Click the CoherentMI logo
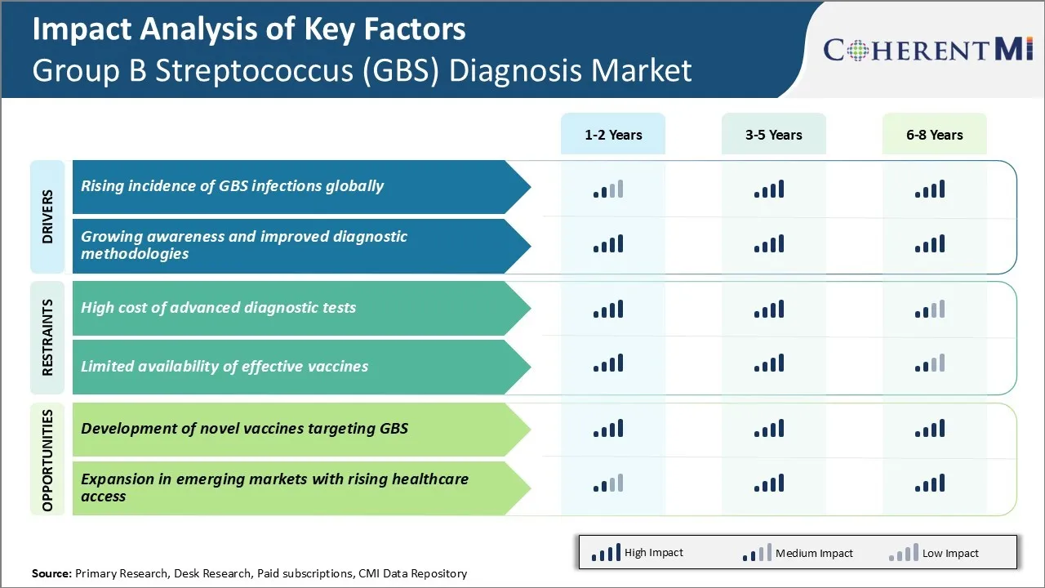click(928, 50)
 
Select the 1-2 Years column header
click(613, 135)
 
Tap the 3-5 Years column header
click(773, 135)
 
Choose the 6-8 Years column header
click(935, 135)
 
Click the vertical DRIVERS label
click(47, 216)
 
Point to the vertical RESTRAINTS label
click(47, 337)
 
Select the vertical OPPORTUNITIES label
click(47, 460)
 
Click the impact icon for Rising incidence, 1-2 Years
click(608, 189)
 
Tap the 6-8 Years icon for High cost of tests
click(930, 309)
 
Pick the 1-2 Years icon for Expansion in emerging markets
click(608, 483)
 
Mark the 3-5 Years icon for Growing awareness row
click(769, 243)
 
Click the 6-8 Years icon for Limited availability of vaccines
click(930, 363)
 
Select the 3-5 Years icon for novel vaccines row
click(769, 429)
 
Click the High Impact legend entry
click(637, 553)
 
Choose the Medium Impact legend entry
click(798, 553)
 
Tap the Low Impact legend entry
click(933, 553)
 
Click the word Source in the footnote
click(51, 573)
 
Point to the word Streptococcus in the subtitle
click(254, 70)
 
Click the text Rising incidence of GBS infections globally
click(232, 185)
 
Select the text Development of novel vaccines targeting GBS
click(244, 429)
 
